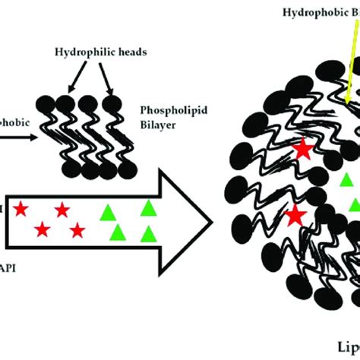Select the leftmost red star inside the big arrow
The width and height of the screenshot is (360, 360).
click(21, 207)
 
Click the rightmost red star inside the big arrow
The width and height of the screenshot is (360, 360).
click(77, 230)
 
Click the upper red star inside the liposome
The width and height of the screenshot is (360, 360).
click(305, 150)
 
